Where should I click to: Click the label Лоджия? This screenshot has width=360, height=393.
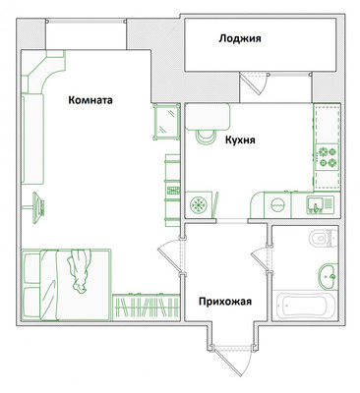pyautogui.click(x=240, y=38)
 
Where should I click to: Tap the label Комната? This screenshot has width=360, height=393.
pyautogui.click(x=90, y=100)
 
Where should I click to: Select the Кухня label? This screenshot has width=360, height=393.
pyautogui.click(x=240, y=140)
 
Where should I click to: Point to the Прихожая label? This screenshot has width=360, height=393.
pyautogui.click(x=225, y=302)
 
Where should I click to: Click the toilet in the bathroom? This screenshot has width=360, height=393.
pyautogui.click(x=324, y=238)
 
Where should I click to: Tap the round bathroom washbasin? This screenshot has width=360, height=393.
pyautogui.click(x=328, y=276)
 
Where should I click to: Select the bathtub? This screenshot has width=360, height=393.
pyautogui.click(x=306, y=306)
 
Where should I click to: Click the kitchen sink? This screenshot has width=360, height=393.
pyautogui.click(x=320, y=205)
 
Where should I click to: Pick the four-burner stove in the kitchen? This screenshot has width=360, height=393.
pyautogui.click(x=327, y=157)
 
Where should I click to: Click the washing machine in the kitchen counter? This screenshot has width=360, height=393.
pyautogui.click(x=277, y=205)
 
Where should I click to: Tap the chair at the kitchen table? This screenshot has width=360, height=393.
pyautogui.click(x=206, y=137)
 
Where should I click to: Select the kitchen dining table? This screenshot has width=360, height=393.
pyautogui.click(x=208, y=117)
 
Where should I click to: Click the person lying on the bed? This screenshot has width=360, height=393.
pyautogui.click(x=79, y=270)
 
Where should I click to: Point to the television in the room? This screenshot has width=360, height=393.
pyautogui.click(x=38, y=207)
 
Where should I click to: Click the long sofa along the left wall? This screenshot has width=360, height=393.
pyautogui.click(x=32, y=139)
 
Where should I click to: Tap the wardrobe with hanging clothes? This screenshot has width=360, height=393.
pyautogui.click(x=147, y=307)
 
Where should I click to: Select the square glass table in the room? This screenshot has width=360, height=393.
pyautogui.click(x=166, y=122)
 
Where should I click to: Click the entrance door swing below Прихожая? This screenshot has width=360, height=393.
pyautogui.click(x=233, y=361)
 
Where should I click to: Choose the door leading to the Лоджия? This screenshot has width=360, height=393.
pyautogui.click(x=254, y=84)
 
